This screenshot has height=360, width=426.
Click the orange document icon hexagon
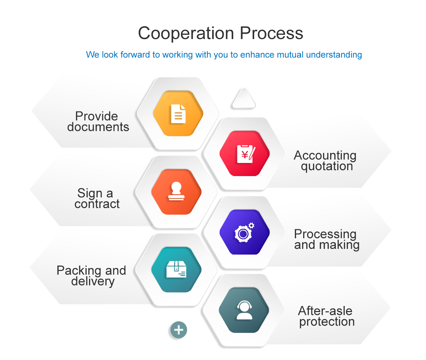pos(178,114)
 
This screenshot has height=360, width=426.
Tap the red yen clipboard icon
pos(245,153)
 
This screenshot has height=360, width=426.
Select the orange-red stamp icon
pos(176,192)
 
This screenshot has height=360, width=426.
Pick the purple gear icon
pos(244,233)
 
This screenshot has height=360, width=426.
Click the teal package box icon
pos(176,270)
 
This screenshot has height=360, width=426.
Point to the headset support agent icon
pos(244,310)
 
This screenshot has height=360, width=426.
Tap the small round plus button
pos(179,330)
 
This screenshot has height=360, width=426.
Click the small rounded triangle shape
pos(244,99)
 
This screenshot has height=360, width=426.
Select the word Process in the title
pos(271,33)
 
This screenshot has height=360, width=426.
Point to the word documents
pos(98,127)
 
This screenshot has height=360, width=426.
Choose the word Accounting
pos(325,155)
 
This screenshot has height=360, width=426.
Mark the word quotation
pos(327,166)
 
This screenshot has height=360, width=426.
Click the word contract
pos(97,204)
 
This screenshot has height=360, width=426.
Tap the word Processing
pos(325,234)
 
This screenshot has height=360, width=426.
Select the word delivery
pos(93,281)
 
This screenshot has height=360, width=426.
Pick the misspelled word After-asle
pos(325,311)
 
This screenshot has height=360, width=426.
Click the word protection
pos(327,322)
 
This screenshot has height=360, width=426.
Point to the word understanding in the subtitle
pos(334,55)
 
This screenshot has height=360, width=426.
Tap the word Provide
pos(97,116)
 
